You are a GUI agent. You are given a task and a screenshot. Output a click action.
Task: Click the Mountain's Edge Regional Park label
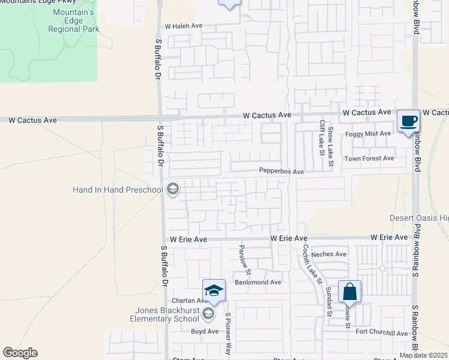(x=73, y=20)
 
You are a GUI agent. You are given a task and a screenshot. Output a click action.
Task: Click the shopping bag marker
(x=349, y=292)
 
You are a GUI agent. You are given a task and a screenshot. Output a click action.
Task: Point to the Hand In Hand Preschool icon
(x=172, y=190)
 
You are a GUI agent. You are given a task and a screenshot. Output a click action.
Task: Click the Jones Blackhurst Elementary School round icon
(x=208, y=314)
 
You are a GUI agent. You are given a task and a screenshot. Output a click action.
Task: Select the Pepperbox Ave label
(x=282, y=172)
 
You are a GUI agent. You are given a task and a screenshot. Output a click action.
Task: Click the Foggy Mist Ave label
(x=368, y=134)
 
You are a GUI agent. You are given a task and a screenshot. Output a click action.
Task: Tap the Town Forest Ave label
(x=369, y=158)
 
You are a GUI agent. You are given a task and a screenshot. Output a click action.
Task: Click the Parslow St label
(x=242, y=256)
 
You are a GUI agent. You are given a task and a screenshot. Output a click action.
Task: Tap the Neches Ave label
(x=328, y=254)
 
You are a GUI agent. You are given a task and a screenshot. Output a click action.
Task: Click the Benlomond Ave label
(x=258, y=282)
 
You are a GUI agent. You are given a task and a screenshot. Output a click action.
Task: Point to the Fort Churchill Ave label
(x=381, y=334)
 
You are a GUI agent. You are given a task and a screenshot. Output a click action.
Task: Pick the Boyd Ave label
(x=205, y=331)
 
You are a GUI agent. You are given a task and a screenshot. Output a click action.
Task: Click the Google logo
(x=20, y=353)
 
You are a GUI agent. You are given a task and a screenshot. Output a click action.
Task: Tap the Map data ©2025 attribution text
(x=423, y=355)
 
